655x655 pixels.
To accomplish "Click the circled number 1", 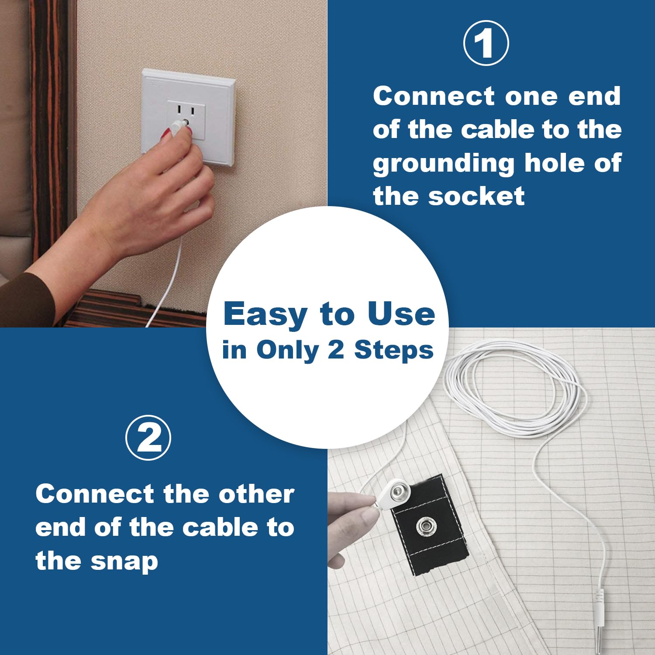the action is tap(486, 43).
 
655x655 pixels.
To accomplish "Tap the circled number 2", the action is tap(148, 438).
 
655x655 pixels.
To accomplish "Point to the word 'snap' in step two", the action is tap(124, 562).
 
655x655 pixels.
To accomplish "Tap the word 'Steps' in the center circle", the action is tap(393, 351).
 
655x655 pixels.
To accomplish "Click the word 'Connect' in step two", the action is tap(95, 494).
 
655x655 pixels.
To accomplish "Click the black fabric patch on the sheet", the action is tap(430, 524).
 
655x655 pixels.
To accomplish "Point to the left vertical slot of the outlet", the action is tap(179, 109).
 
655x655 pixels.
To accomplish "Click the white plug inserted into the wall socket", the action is tap(179, 126).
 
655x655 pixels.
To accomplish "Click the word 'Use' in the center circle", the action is tap(401, 314).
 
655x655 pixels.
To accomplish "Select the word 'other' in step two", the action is tap(256, 494).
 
